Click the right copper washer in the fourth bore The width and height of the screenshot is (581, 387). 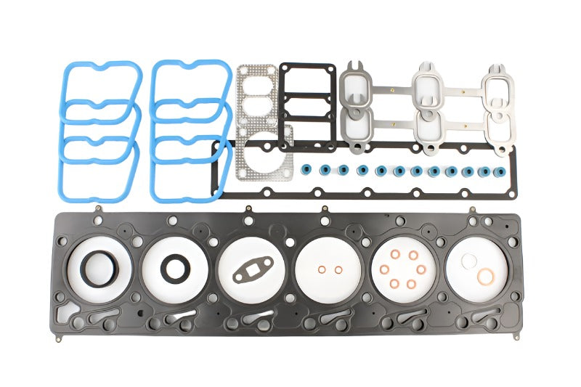pos(338,270)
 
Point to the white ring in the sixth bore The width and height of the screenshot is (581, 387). pos(471,261)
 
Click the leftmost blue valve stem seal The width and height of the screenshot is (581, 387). pos(308,170)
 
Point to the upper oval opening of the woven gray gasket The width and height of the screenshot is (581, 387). pos(258,82)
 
